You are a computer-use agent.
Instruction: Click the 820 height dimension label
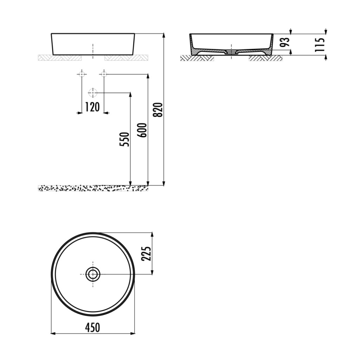coord(159,110)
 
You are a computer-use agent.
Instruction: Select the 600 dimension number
coord(143,130)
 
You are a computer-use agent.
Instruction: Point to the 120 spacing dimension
coord(92,107)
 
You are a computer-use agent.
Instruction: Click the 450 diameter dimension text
coord(92,327)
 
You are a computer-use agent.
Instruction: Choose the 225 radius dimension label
coord(146,253)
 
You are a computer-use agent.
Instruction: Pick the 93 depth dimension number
coord(285,42)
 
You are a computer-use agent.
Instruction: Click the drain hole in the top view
coord(93,274)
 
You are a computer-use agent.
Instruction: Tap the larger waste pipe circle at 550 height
coord(93,93)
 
